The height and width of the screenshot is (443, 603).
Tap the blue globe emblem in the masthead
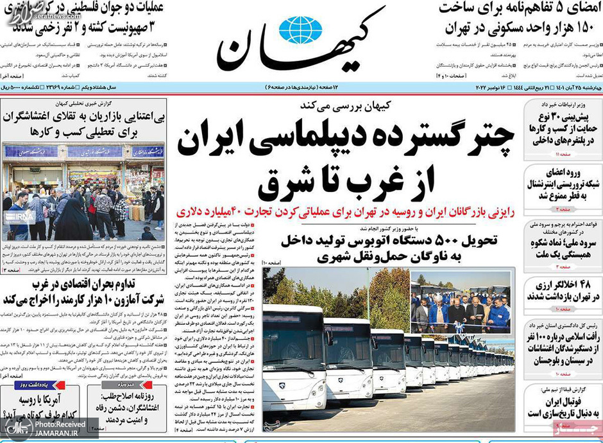tap(300, 28)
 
